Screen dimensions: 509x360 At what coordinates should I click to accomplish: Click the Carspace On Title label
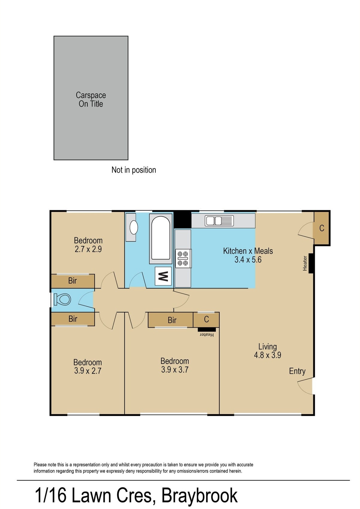tap(91, 99)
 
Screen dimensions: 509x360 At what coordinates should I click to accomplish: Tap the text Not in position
tap(133, 170)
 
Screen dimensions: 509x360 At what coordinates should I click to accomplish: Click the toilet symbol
tap(62, 299)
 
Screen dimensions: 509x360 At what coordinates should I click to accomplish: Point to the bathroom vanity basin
tap(133, 227)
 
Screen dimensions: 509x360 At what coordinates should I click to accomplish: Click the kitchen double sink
tap(219, 221)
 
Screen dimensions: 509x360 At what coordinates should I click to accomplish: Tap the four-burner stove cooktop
tap(183, 258)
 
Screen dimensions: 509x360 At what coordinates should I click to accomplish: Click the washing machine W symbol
tap(163, 276)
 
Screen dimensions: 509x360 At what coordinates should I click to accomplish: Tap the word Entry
tap(297, 371)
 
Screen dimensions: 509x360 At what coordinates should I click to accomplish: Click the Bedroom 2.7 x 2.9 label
tap(88, 245)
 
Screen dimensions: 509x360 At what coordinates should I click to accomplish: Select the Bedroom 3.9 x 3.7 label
tap(175, 365)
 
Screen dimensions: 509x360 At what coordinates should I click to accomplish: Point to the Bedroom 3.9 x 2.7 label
tap(88, 367)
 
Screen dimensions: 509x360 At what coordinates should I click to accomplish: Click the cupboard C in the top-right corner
tap(322, 228)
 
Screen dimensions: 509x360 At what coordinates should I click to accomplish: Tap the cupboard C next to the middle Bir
tap(206, 320)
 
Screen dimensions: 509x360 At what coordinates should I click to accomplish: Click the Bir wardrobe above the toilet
tap(72, 281)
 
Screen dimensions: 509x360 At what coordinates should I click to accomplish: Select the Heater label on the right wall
tap(305, 263)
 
